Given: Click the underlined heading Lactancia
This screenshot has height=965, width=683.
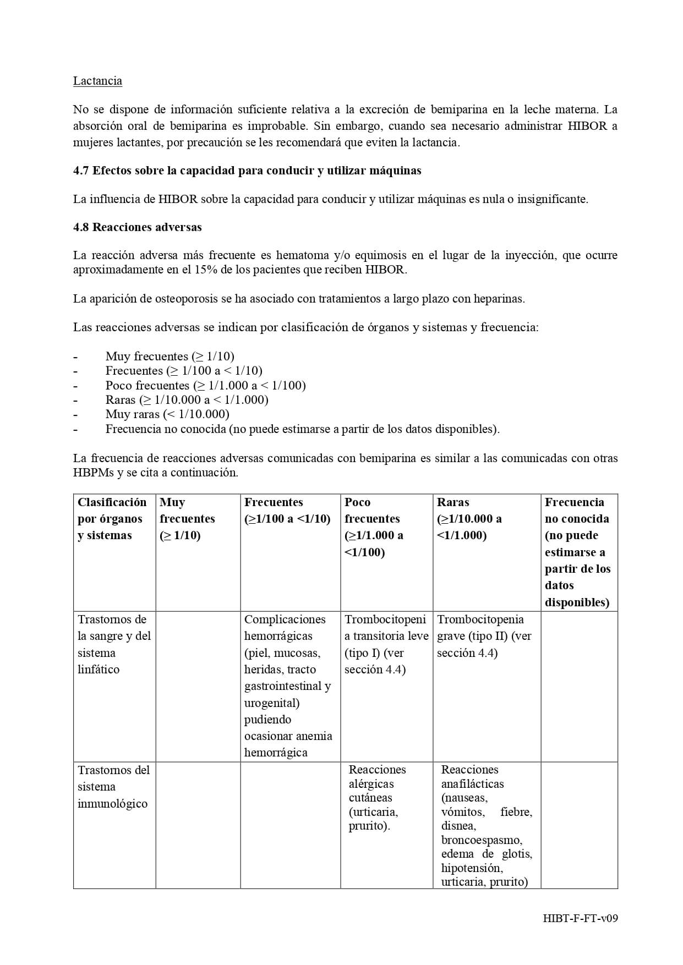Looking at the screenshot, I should click(97, 81).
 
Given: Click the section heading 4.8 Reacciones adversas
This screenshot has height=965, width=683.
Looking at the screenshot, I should click(137, 227).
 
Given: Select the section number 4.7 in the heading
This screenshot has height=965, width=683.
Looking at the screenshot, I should click(81, 171).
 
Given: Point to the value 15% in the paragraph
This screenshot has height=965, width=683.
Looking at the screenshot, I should click(205, 270).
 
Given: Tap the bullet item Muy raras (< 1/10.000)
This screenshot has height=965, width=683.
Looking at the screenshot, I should click(167, 414).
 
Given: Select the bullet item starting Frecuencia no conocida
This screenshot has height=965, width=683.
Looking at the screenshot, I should click(302, 429).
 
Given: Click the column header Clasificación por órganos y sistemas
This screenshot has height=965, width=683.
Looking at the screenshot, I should click(112, 518).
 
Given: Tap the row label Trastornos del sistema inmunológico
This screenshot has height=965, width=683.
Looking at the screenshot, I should click(113, 787).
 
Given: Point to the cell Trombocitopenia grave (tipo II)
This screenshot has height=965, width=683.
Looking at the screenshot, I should click(484, 635).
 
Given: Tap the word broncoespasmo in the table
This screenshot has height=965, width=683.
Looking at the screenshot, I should click(481, 840).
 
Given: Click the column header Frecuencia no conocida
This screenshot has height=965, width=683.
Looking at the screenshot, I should click(577, 552).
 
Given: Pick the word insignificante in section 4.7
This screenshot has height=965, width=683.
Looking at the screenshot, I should click(552, 199).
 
